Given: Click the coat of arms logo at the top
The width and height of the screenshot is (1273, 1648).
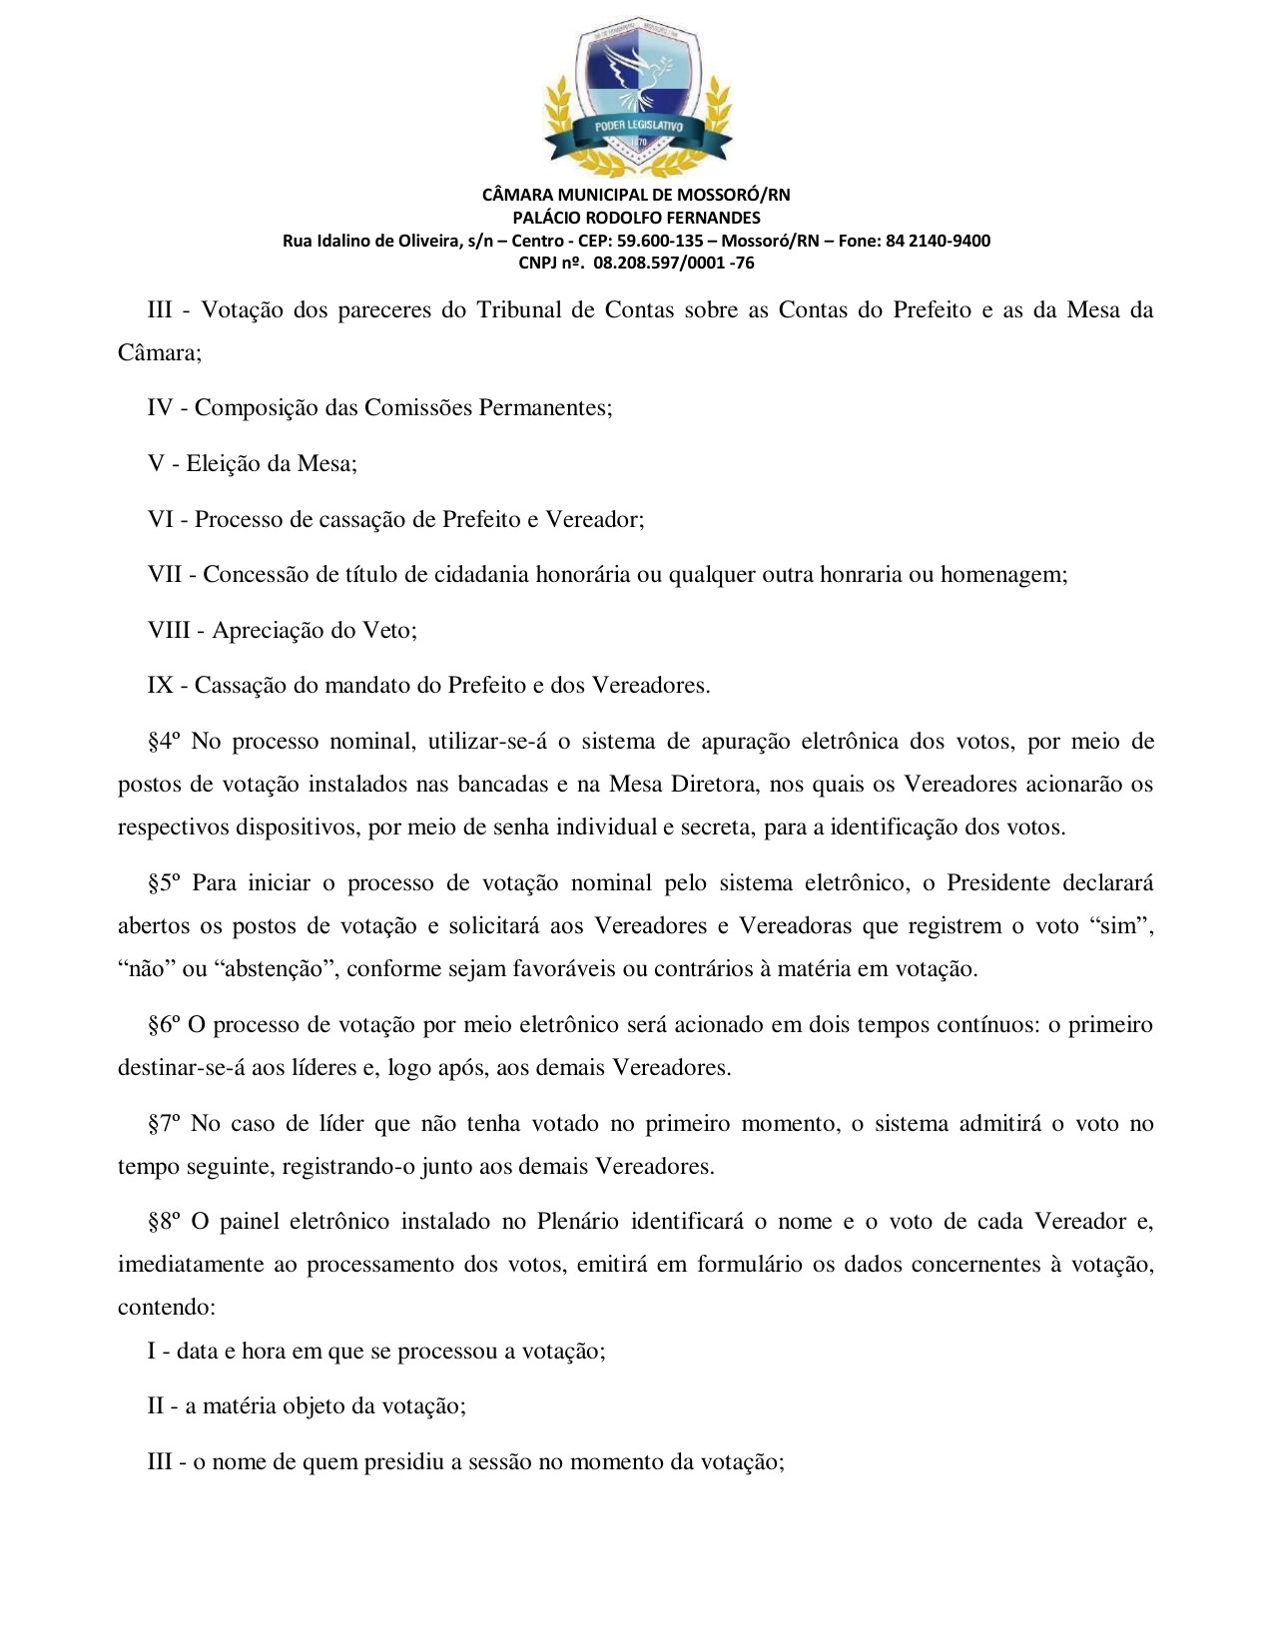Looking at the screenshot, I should (637, 96).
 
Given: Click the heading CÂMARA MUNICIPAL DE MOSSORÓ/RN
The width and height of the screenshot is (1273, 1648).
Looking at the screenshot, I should (636, 195).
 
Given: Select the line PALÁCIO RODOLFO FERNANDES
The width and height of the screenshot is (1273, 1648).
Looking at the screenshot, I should (636, 218).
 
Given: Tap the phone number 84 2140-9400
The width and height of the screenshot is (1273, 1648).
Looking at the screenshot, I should (938, 241).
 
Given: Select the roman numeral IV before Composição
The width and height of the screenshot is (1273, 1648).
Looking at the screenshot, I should (160, 408).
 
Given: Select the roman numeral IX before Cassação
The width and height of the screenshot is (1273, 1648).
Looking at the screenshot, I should (160, 686).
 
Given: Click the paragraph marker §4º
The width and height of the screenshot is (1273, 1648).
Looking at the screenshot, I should (164, 742).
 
